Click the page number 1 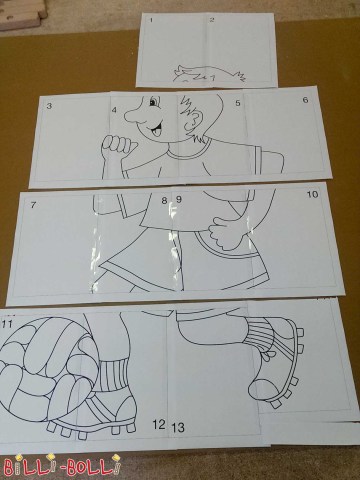point(152,20)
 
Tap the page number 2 point(212,20)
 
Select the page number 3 point(49,106)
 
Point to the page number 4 point(114,109)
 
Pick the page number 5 point(238,103)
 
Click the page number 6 point(306,99)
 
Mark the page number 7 point(33,205)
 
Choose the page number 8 point(164,201)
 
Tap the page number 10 point(312,194)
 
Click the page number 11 point(7,323)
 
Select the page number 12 point(159,424)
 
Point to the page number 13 point(178,427)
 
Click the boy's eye point(153,101)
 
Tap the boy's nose point(133,114)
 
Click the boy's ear point(193,121)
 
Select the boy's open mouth point(156,129)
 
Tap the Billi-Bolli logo point(60,466)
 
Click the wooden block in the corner point(23,14)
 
